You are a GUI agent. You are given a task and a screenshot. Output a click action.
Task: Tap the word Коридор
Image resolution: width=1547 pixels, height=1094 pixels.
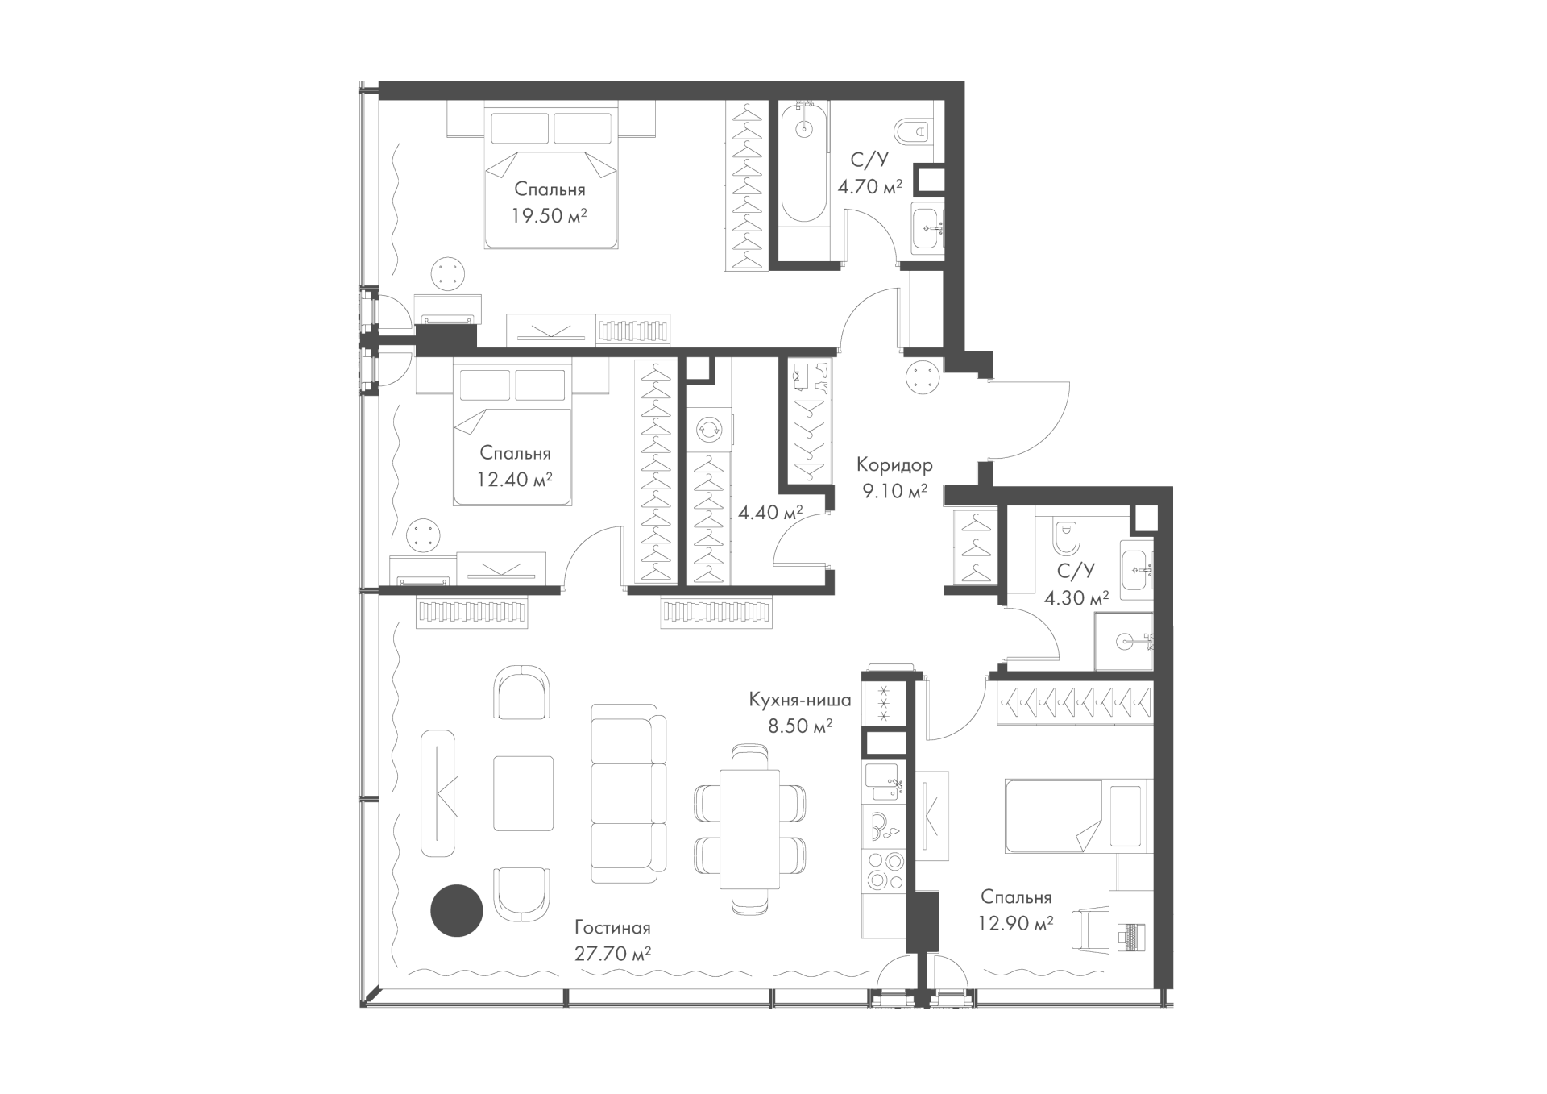894,465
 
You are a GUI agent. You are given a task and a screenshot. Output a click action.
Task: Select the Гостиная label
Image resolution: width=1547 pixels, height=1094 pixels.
612,928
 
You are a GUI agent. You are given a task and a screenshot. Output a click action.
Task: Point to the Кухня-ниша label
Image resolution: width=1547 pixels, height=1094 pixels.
800,699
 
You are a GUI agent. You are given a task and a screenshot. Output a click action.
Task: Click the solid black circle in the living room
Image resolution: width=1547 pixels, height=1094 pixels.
456,910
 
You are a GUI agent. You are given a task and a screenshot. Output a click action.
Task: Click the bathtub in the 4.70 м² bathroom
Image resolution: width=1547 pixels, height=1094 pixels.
803,161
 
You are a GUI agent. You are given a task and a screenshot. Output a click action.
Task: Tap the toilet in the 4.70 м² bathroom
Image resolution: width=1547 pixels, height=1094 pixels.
914,131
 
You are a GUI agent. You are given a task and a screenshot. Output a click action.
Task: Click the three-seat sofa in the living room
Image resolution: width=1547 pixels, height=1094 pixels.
628,793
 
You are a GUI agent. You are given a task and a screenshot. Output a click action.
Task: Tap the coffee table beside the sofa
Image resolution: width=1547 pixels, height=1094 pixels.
524,793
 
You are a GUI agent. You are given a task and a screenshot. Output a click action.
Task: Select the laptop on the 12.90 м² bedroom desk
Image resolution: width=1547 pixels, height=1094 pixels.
1130,936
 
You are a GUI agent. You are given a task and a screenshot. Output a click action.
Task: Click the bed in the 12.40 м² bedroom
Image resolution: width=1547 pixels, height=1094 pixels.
512,436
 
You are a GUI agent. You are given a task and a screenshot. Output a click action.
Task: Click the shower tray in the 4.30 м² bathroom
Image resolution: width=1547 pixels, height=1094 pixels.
1124,641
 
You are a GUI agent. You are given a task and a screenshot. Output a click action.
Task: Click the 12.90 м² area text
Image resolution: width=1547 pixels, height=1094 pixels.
1016,923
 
